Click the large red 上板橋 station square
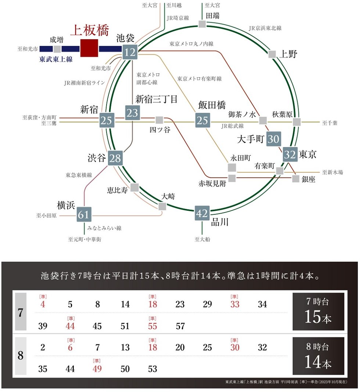coord(89,48)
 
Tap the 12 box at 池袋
coord(130,52)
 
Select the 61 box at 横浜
coord(83,214)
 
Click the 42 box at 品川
coord(202,213)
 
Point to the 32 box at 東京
coord(290,154)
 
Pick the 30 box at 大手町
coord(274,139)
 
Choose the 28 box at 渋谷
coord(115,158)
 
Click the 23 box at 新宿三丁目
coord(132,113)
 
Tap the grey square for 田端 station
coord(202,24)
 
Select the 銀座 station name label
coord(309,179)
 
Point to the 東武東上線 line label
coord(56,59)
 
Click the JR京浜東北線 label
coord(265,28)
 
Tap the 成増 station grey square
coord(57,49)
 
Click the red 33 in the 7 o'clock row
coord(235,304)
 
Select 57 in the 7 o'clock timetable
coord(180,326)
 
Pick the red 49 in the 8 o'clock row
coord(97,369)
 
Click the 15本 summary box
coord(318,312)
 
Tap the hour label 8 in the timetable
coord(21,355)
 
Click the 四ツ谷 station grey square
coord(159,120)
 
